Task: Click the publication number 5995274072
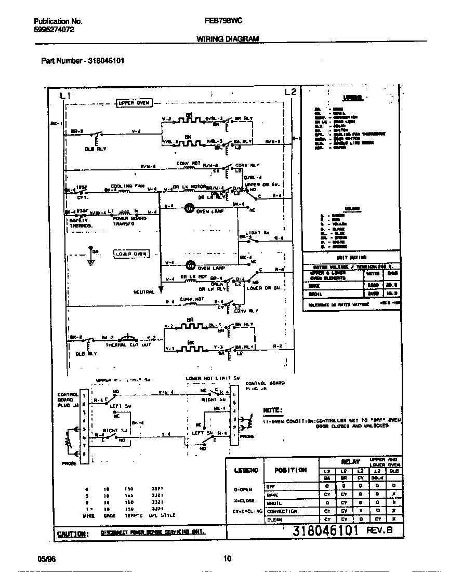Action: pos(54,30)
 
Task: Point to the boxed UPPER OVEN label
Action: pos(134,103)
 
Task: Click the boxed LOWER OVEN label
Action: pos(131,254)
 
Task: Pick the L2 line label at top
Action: pos(291,92)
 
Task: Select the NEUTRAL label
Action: pos(144,292)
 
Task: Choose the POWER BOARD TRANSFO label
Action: pos(129,221)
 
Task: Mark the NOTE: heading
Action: pos(273,410)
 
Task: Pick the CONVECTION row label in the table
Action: pos(282,511)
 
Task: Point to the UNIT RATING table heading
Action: pos(352,257)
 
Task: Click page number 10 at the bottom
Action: pos(227,558)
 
